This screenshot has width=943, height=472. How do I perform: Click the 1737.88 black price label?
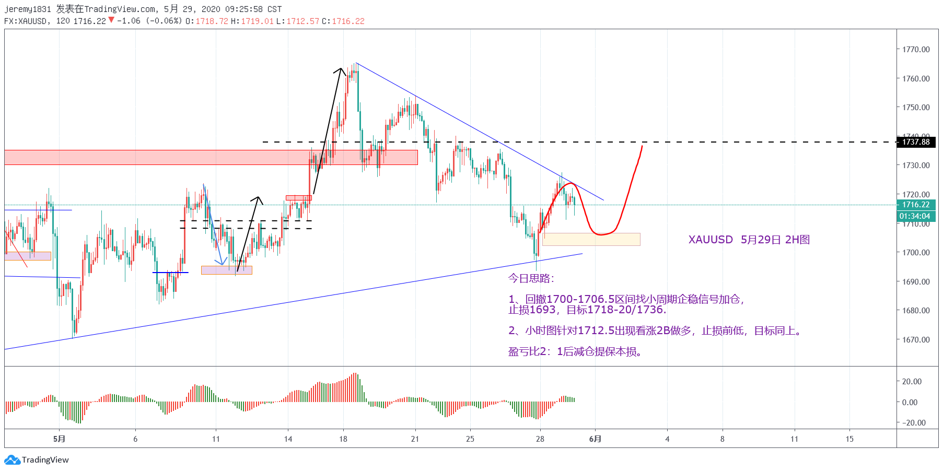(916, 142)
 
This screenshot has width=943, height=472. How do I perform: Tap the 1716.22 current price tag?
(916, 205)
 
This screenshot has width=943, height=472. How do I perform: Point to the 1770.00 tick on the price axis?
(916, 50)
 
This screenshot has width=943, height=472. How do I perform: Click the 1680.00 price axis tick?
(916, 311)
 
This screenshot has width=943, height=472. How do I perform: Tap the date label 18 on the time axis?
(343, 439)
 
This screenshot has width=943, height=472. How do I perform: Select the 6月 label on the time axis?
(595, 439)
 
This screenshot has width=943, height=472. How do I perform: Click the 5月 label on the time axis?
(59, 439)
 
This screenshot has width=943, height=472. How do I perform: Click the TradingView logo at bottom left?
(37, 460)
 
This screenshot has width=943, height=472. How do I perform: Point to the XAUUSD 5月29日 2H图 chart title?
(749, 240)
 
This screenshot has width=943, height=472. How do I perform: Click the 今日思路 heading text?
(531, 278)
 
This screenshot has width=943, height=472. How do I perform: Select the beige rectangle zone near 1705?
(591, 239)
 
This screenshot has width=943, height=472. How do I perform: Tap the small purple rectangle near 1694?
(226, 270)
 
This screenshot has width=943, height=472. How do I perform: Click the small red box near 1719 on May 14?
(299, 198)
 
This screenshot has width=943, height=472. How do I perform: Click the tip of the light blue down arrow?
(222, 264)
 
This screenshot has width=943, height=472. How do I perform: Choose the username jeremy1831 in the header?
(28, 9)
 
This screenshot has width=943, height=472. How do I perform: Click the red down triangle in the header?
(111, 20)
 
